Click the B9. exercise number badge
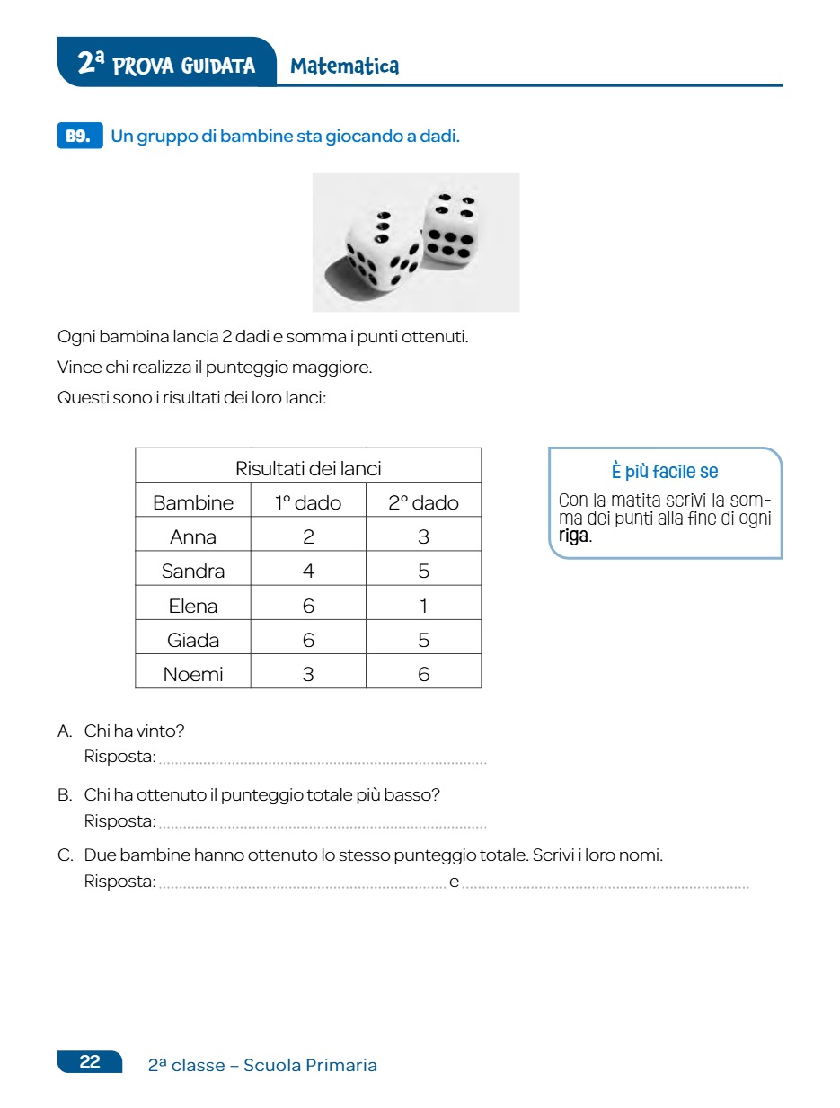click(x=79, y=137)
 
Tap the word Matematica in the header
click(x=345, y=66)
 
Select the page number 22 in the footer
click(x=90, y=1062)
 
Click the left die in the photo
click(x=382, y=247)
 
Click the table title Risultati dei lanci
click(x=308, y=468)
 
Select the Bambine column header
click(x=193, y=502)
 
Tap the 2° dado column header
click(x=423, y=502)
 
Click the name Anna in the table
click(x=193, y=536)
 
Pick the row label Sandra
click(x=193, y=571)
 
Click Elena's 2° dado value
click(x=423, y=606)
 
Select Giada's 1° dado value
click(x=308, y=640)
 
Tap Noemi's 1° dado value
click(x=308, y=674)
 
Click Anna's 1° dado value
click(x=308, y=536)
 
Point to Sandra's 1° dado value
click(x=308, y=571)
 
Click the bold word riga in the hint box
click(x=573, y=536)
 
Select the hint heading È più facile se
click(x=665, y=472)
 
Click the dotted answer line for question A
click(x=322, y=761)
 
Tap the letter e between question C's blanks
click(x=454, y=882)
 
